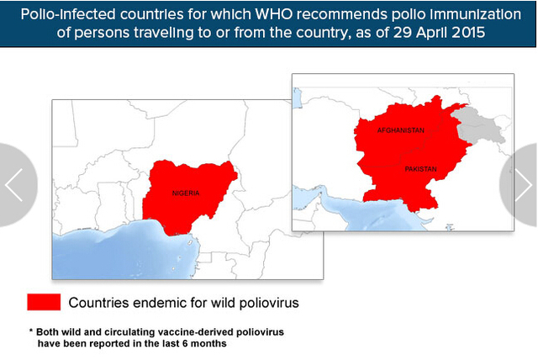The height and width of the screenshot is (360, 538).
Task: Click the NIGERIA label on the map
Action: tap(186, 193)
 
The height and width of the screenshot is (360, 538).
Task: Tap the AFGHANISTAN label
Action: tap(401, 130)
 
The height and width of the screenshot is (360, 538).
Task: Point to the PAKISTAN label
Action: tap(420, 169)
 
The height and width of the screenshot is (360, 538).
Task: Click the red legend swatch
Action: tap(44, 302)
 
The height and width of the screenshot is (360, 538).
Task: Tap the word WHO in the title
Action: tap(274, 14)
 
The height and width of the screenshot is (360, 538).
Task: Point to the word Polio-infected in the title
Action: tap(68, 14)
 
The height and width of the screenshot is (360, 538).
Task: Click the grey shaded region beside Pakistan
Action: tap(480, 125)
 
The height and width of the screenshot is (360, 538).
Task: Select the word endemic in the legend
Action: tap(159, 303)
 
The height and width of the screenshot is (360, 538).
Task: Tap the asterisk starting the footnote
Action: tap(31, 331)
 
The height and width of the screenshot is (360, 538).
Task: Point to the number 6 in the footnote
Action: tap(185, 343)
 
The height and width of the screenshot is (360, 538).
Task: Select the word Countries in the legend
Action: tap(98, 303)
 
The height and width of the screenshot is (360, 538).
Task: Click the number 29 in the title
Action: tap(402, 33)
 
